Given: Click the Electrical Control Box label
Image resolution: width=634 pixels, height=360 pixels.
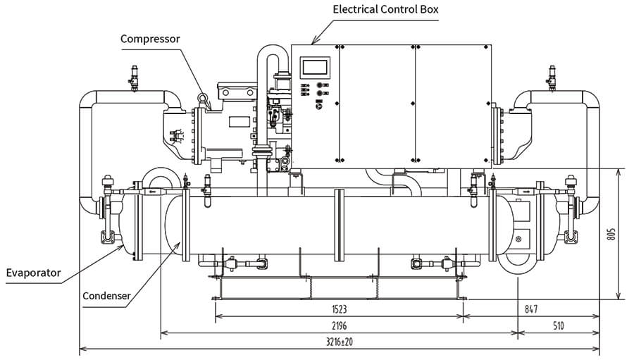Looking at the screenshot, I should pyautogui.click(x=385, y=10).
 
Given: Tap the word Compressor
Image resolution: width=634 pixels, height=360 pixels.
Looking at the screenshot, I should pyautogui.click(x=150, y=38).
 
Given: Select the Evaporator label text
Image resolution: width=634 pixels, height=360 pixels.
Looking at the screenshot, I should pyautogui.click(x=33, y=273).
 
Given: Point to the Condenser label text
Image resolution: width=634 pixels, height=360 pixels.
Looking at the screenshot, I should pyautogui.click(x=106, y=296).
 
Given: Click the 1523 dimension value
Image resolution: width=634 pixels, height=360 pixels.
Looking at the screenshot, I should pyautogui.click(x=339, y=309).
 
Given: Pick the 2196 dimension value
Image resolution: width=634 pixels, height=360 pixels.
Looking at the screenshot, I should pyautogui.click(x=339, y=325).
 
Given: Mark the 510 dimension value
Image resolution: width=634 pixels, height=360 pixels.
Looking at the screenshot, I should pyautogui.click(x=558, y=325).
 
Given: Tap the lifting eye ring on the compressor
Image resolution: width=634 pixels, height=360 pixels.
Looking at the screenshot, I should pyautogui.click(x=203, y=100).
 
